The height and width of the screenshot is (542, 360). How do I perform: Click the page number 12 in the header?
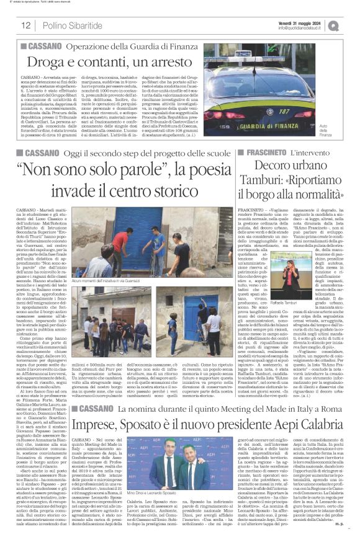(x=26, y=25)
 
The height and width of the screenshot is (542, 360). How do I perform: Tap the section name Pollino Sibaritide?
(x=68, y=25)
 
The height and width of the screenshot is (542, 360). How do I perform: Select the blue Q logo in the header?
(x=351, y=25)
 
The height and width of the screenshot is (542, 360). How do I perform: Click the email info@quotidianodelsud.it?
(x=308, y=28)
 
